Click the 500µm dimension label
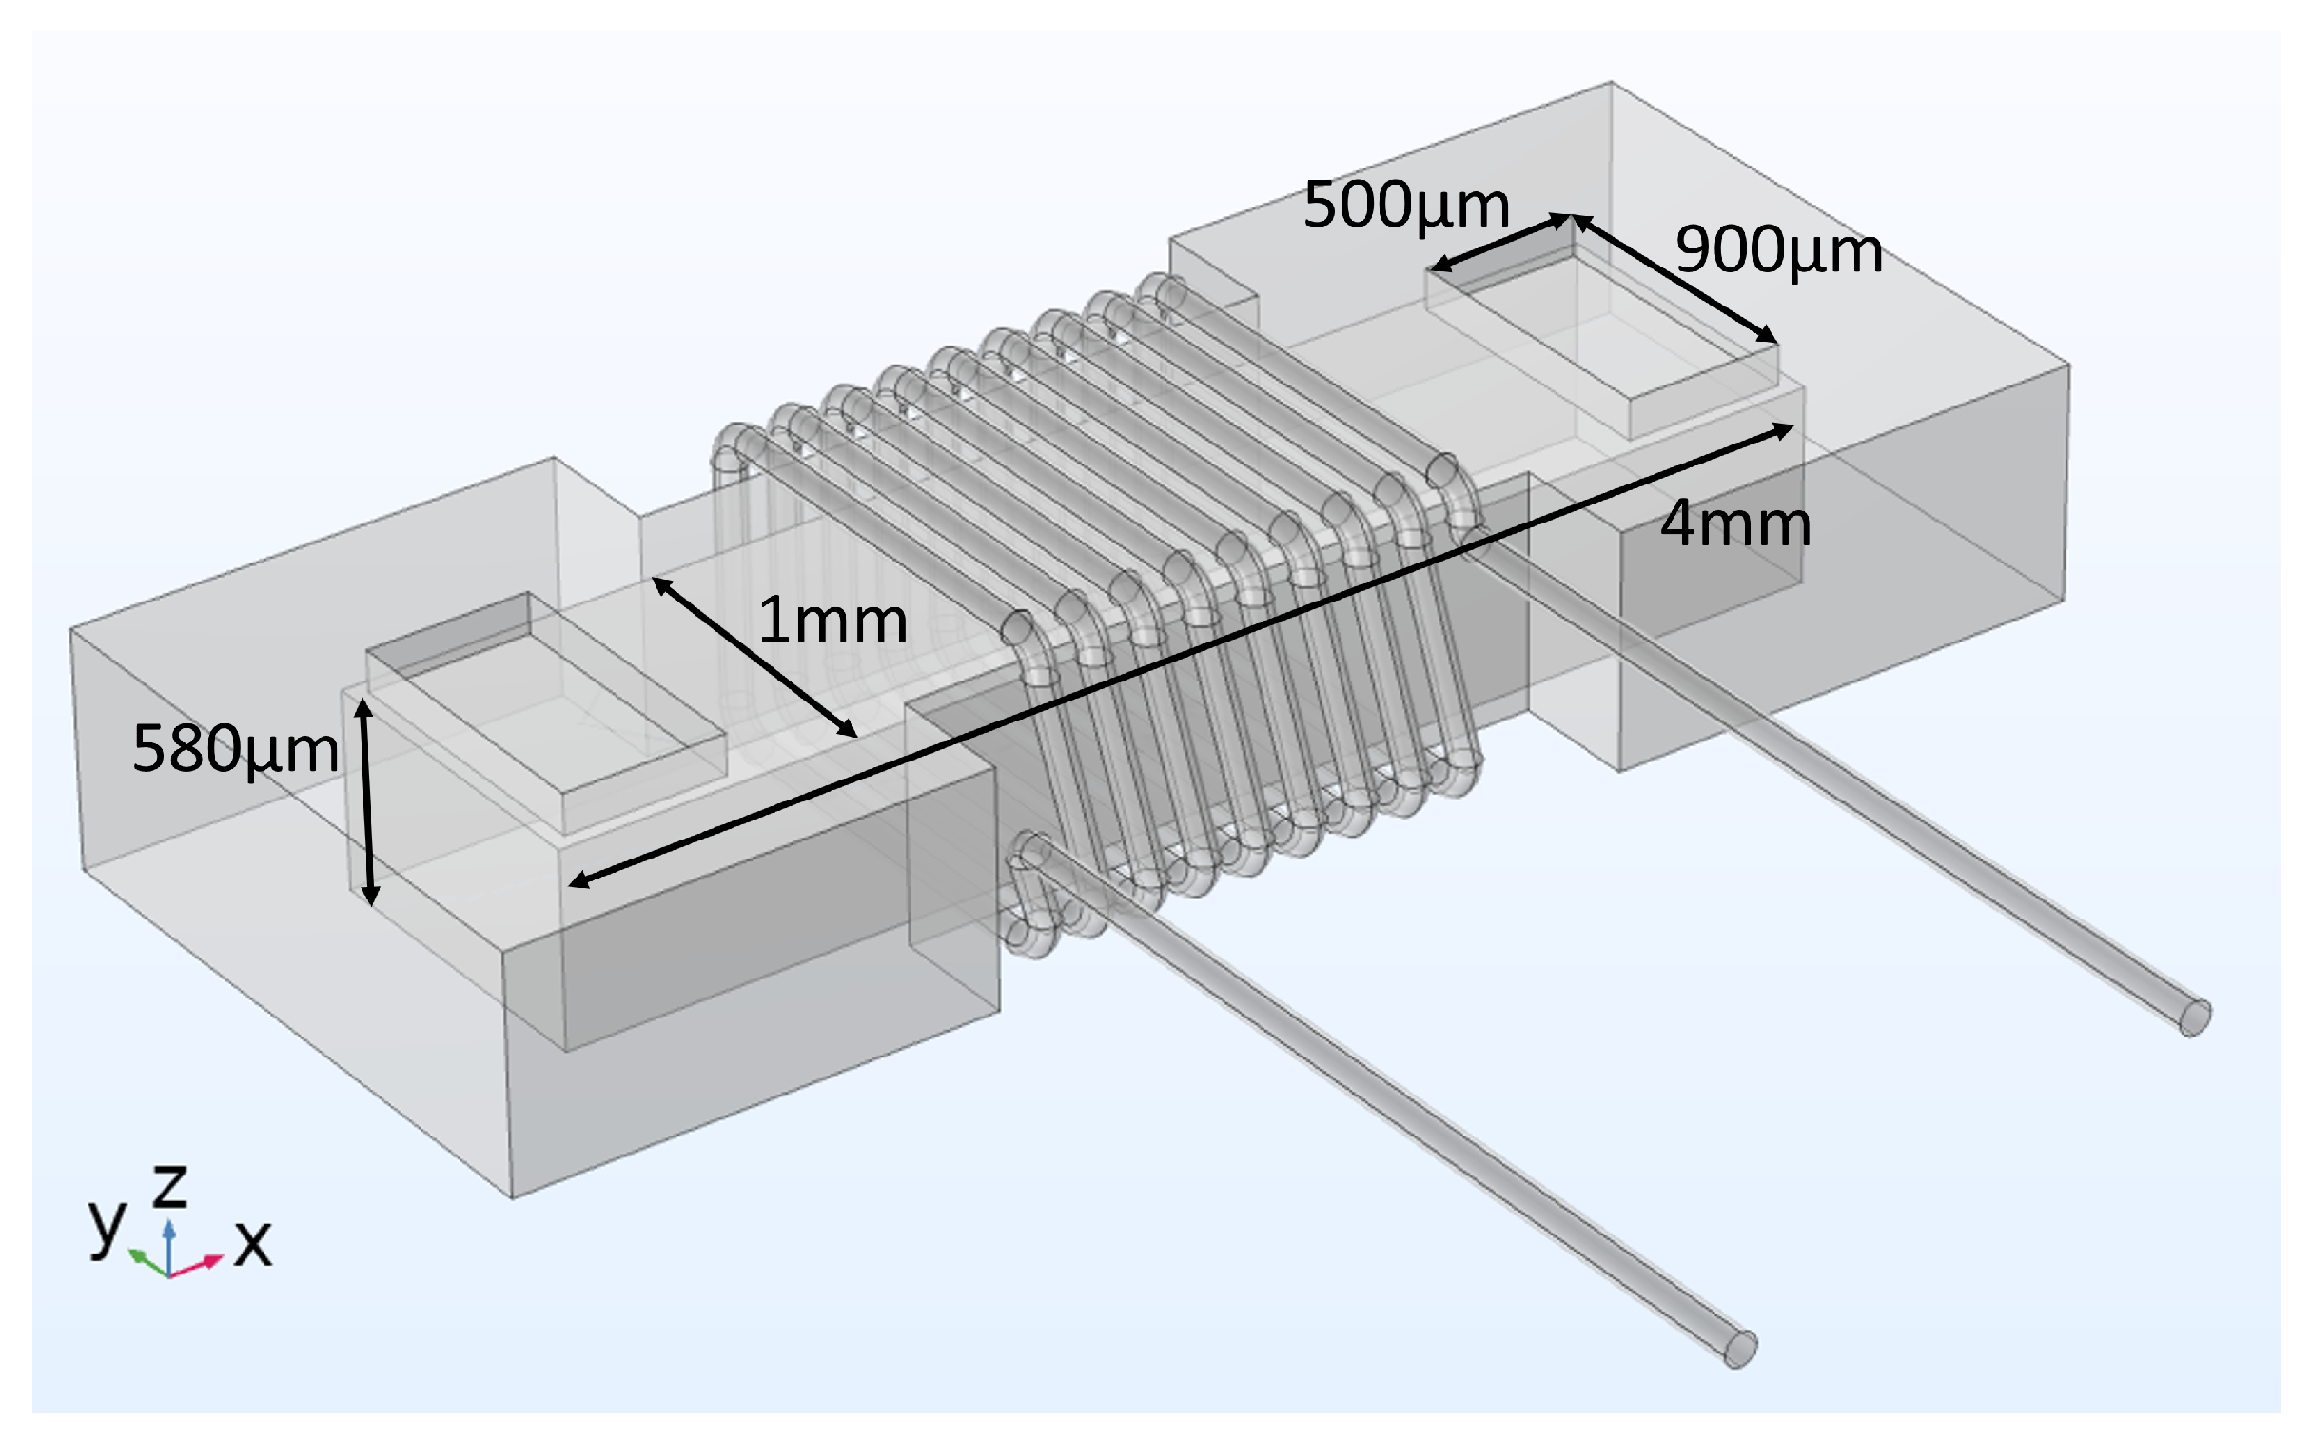coord(1405,205)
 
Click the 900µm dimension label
coord(1778,250)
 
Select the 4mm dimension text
coord(1734,523)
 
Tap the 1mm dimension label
coord(832,621)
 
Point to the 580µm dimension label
coord(235,749)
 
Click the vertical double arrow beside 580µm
coord(367,801)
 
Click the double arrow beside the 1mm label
coord(754,657)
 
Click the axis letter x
coord(253,1243)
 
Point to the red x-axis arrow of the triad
coord(200,1266)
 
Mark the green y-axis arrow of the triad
coord(145,1262)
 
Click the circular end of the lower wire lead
coord(1740,1349)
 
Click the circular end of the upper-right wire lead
coord(2195,1017)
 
